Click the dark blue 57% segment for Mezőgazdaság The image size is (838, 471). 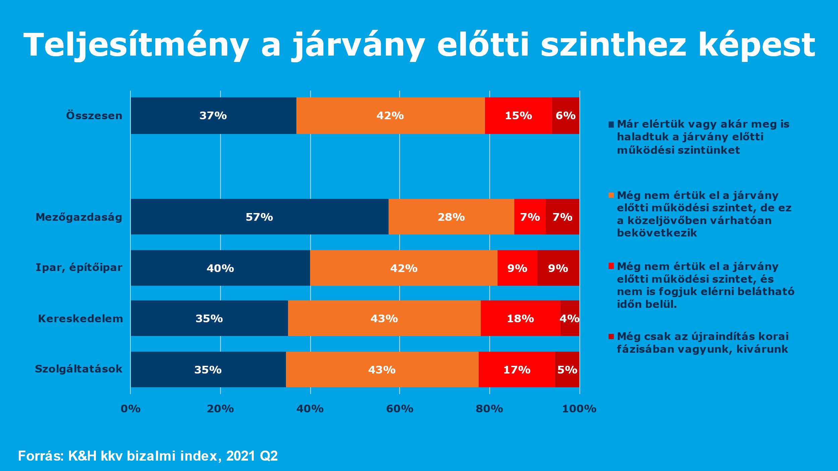(259, 217)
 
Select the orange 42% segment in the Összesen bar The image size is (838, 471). (390, 116)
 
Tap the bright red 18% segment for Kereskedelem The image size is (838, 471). (520, 318)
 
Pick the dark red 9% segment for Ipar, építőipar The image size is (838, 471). (558, 268)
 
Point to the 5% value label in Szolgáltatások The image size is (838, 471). (567, 369)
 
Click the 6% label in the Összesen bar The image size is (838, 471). (565, 116)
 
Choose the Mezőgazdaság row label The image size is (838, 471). (79, 217)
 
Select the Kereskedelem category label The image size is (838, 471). (80, 318)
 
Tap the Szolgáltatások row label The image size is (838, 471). (78, 369)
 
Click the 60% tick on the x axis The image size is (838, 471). (400, 409)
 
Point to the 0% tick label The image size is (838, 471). (130, 409)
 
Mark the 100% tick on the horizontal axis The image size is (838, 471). (579, 409)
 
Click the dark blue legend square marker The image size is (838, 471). (611, 125)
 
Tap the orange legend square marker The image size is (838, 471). (611, 195)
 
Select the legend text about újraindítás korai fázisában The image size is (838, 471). (703, 343)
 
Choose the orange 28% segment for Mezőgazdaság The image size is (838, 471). (451, 217)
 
